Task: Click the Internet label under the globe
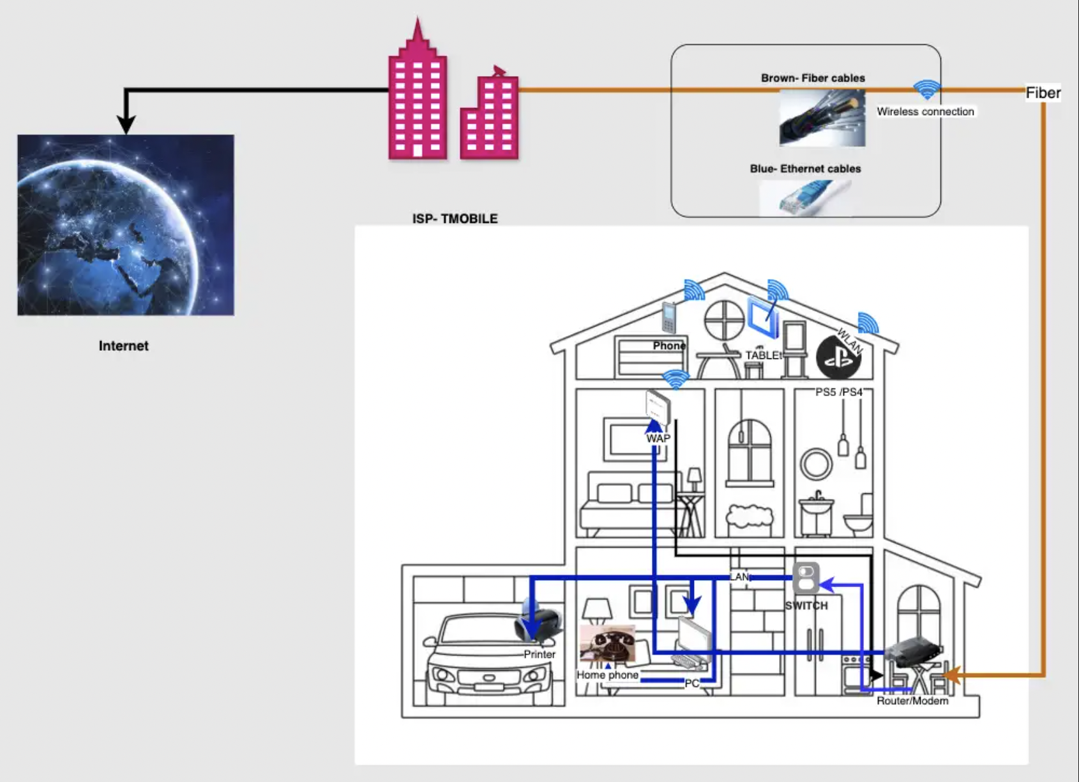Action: tap(123, 346)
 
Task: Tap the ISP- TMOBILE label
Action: tap(455, 218)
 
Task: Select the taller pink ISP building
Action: tap(418, 96)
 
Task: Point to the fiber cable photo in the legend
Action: tap(822, 118)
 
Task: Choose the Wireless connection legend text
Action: tap(925, 111)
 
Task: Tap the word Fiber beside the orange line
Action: tap(1043, 93)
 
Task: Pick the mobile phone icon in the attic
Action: tap(668, 318)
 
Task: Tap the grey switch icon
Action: tap(806, 578)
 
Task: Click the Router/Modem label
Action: tap(912, 701)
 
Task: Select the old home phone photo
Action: tap(608, 645)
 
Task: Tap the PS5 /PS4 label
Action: tap(838, 392)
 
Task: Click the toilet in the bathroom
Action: tap(859, 517)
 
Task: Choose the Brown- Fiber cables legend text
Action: tap(813, 78)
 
